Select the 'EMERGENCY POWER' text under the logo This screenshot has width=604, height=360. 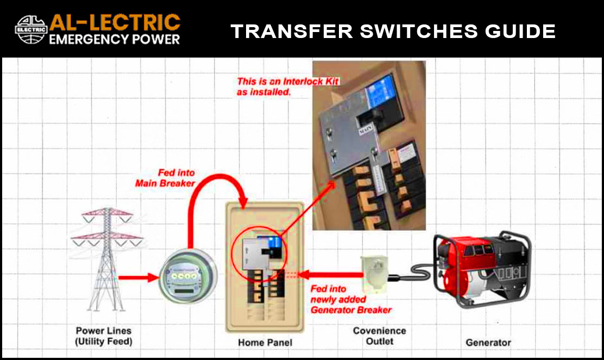click(114, 39)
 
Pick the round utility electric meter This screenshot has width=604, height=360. click(185, 277)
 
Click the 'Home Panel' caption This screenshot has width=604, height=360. click(265, 343)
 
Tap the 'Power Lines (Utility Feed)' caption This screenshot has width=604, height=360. click(103, 336)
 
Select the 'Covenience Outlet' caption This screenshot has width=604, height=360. click(379, 336)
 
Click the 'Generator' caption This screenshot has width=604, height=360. click(488, 343)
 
